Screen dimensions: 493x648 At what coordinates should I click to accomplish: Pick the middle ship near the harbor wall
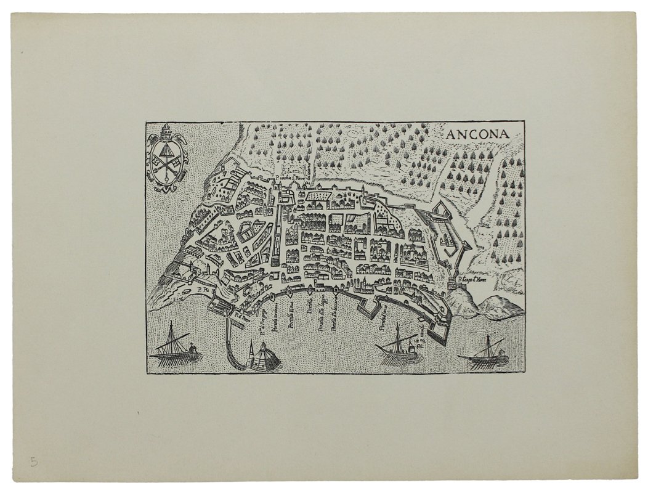click(x=397, y=348)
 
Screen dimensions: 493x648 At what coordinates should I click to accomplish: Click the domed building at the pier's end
click(x=265, y=356)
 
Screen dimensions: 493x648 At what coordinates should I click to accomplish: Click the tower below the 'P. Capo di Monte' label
click(x=458, y=284)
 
